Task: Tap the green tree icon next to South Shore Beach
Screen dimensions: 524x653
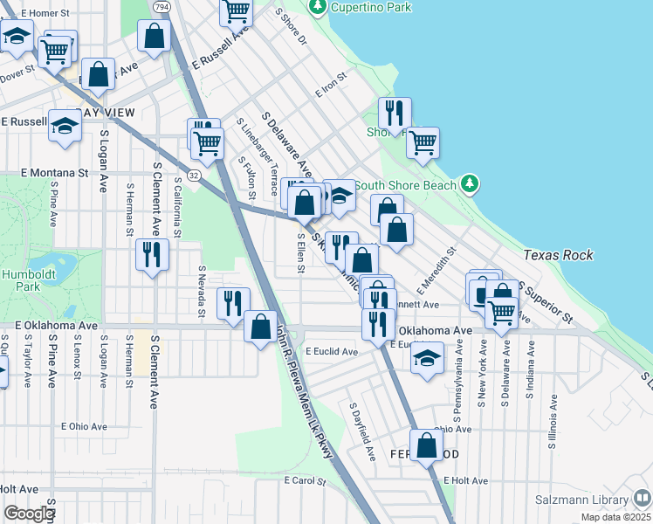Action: coord(471,183)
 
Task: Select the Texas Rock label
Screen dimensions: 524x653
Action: coord(559,255)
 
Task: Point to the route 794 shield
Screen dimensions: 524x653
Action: coord(162,6)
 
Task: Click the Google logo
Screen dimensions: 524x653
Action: coord(29,514)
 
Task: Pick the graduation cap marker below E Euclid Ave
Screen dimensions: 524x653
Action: coord(426,358)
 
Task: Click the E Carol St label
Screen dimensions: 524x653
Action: coord(304,481)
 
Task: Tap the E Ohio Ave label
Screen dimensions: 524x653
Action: coord(84,426)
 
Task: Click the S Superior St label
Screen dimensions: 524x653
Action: coord(546,300)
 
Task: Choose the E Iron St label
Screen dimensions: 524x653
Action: coord(333,87)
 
